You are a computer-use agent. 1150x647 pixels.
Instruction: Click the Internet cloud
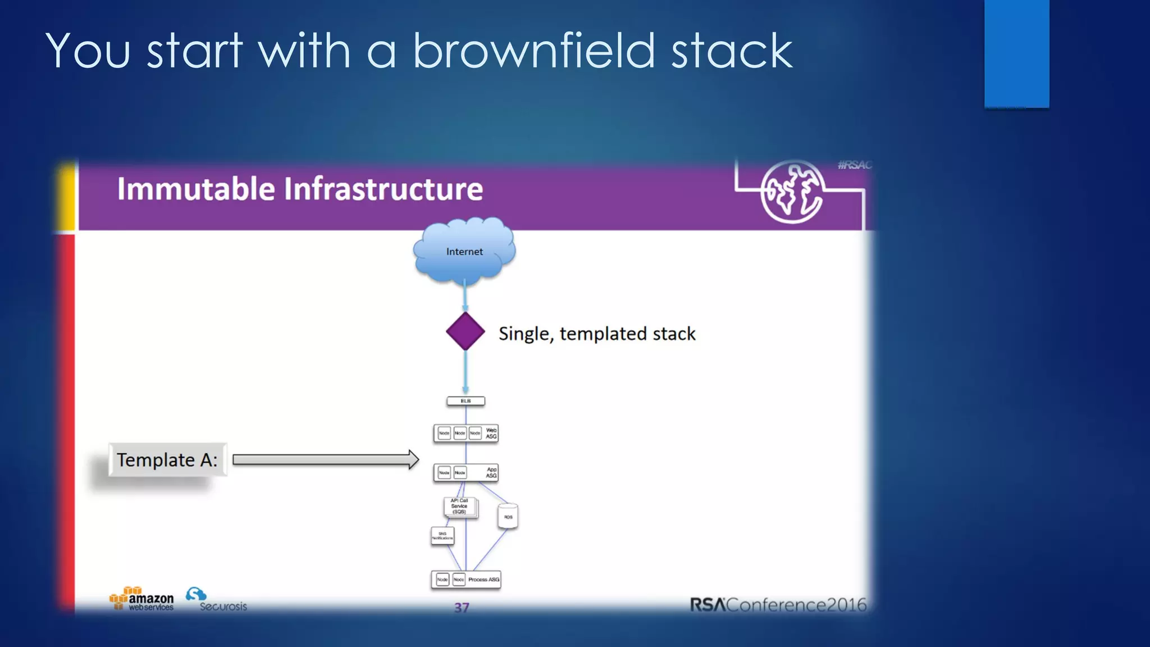[x=464, y=250]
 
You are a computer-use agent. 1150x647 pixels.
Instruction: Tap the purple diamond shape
[x=466, y=331]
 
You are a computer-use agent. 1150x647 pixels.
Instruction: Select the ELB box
[x=466, y=401]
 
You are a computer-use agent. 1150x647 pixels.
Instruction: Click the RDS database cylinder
[x=508, y=516]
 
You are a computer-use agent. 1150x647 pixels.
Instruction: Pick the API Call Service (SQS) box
[x=460, y=507]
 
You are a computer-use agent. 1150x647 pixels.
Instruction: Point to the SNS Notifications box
[x=442, y=536]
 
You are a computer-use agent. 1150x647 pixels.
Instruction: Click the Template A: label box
[x=167, y=460]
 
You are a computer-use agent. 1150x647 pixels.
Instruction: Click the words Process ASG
[x=483, y=580]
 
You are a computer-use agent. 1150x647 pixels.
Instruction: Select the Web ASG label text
[x=491, y=434]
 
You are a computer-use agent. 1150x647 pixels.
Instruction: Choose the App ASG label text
[x=491, y=473]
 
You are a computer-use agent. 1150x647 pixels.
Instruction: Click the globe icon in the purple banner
[x=792, y=192]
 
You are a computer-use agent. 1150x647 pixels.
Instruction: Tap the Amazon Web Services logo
[x=142, y=599]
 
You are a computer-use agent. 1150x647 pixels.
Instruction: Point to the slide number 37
[x=462, y=608]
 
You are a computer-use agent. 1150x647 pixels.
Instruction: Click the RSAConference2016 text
[x=778, y=605]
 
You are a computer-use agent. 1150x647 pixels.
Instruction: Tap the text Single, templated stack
[x=597, y=334]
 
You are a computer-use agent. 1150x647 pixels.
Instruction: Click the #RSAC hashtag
[x=854, y=165]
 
